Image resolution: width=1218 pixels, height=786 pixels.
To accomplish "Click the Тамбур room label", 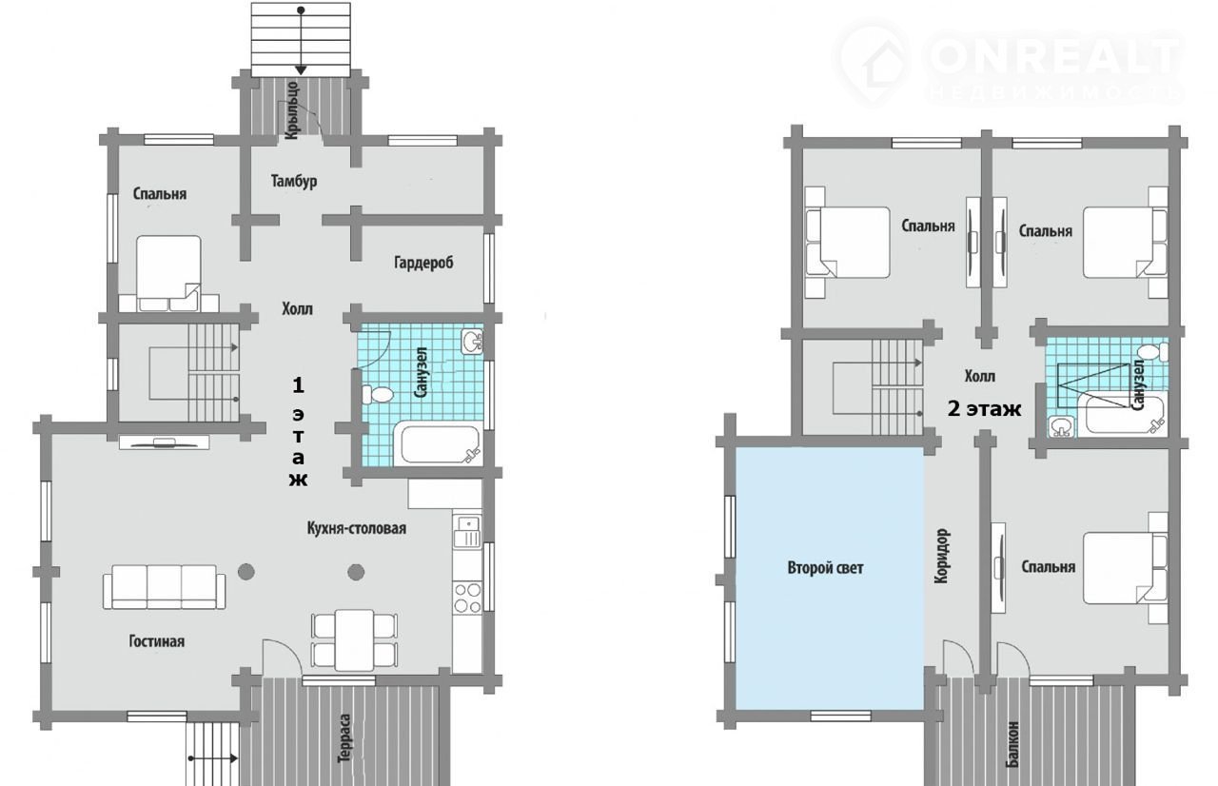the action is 294,181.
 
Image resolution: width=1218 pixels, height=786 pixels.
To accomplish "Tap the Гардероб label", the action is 423,263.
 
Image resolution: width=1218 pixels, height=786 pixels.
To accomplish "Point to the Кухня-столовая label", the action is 357,528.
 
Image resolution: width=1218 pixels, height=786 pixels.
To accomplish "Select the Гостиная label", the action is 157,641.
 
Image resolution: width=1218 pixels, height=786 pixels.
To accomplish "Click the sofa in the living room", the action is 165,587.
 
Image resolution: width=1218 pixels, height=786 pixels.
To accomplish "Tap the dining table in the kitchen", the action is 354,640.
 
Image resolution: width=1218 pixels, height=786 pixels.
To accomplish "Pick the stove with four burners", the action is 467,598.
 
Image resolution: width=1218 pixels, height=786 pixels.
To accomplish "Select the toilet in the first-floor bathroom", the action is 377,394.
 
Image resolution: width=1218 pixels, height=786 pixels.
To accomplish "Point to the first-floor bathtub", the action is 439,443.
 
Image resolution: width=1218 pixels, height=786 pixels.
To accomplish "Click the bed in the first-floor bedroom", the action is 168,273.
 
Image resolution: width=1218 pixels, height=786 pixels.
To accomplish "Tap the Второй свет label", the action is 825,568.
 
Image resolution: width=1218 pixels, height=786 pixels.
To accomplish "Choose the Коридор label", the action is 942,556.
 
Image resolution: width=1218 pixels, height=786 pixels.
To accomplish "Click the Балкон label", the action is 1012,745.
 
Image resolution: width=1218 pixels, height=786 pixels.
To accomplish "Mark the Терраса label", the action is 344,738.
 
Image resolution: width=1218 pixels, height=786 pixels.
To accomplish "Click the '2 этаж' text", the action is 984,409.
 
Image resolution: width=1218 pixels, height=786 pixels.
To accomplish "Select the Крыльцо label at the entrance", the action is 292,110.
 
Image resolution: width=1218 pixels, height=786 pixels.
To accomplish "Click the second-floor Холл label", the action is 980,376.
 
